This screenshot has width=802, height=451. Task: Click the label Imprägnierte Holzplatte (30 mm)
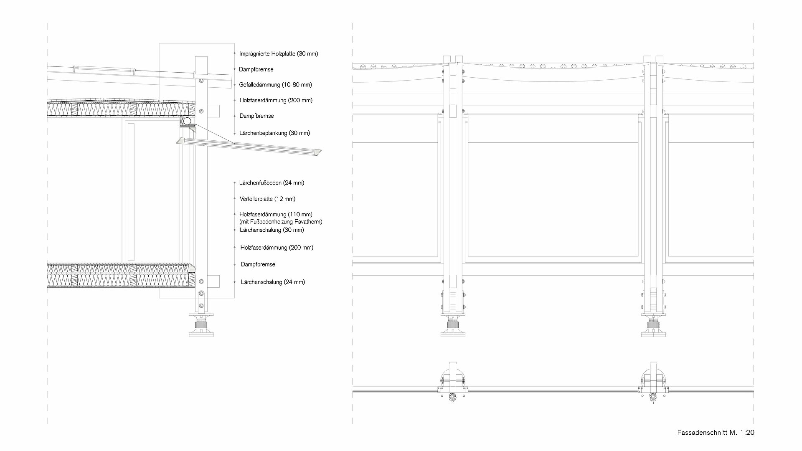pos(279,54)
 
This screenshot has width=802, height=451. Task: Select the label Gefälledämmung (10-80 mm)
pos(276,85)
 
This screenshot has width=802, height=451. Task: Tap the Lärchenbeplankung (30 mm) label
pos(275,133)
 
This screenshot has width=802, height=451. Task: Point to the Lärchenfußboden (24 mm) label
pos(272,183)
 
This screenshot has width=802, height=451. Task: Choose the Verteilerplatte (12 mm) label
pos(268,199)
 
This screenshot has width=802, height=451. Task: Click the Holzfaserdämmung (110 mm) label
pos(276,215)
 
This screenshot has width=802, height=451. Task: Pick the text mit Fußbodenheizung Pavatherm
pos(281,222)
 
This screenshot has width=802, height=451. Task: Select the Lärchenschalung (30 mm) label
pos(272,230)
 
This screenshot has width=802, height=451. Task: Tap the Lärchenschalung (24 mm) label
pos(273,282)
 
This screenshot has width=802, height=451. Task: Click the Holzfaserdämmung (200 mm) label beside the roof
pos(276,100)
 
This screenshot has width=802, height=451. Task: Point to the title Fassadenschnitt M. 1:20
pos(716,433)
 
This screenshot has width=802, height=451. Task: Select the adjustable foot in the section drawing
pos(201,325)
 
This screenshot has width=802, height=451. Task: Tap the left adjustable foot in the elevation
pos(453,325)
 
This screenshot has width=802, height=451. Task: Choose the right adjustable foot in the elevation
pos(653,325)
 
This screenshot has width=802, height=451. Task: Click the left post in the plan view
pos(453,383)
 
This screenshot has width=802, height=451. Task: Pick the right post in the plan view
pos(653,383)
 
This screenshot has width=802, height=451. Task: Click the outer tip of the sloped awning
pos(322,151)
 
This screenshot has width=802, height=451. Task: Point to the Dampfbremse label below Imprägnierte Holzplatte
pos(256,69)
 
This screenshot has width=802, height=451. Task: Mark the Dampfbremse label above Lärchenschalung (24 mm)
pos(258,265)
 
